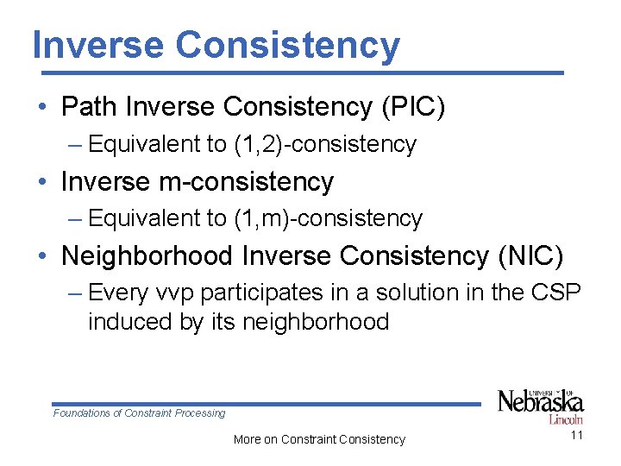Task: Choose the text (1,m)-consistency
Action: tap(328, 219)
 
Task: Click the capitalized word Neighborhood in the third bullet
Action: tap(147, 256)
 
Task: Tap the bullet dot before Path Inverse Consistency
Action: tap(41, 108)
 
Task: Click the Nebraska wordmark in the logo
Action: tap(540, 402)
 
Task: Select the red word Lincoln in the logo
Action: tap(565, 419)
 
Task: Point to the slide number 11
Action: tap(576, 436)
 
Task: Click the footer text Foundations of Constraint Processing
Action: tap(139, 413)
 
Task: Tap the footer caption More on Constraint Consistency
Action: tap(319, 439)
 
